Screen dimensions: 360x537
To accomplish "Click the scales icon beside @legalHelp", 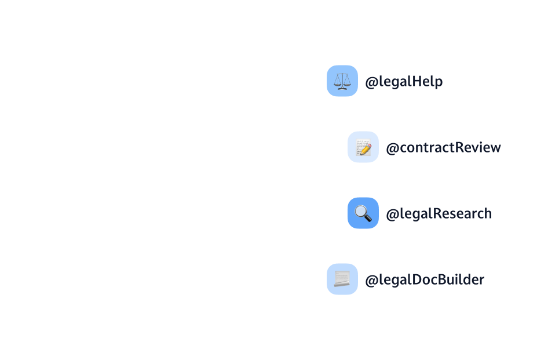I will (x=342, y=81).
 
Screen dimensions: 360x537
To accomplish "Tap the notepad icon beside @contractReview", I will (x=363, y=147).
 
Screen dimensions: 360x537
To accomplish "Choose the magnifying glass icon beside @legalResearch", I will (x=363, y=213).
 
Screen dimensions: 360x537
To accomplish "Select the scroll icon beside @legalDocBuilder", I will (x=342, y=279).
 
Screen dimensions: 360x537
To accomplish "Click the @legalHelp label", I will (x=404, y=82).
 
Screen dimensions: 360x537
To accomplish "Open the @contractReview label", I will (x=443, y=148).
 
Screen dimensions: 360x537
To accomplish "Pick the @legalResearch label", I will (x=439, y=214).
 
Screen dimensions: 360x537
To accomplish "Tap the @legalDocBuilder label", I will (x=425, y=280).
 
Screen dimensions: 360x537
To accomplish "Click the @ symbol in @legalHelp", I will (x=371, y=82).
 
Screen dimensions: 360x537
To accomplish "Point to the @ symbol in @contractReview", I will (x=392, y=148).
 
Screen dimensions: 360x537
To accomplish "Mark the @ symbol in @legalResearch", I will (x=392, y=214).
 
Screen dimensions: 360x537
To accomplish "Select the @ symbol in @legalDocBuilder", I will (x=371, y=281).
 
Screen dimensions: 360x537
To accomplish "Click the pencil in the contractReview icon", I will (x=366, y=148).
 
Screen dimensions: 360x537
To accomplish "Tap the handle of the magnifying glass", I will (x=368, y=219).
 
